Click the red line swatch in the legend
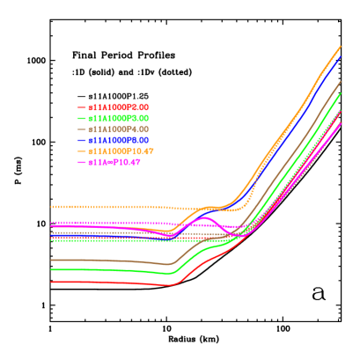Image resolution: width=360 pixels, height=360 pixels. click(82, 107)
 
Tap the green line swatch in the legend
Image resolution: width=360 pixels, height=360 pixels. click(82, 118)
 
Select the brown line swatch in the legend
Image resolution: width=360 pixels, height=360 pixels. click(82, 129)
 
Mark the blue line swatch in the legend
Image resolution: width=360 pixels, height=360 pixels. click(82, 140)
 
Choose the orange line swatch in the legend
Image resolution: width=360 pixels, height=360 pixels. click(82, 151)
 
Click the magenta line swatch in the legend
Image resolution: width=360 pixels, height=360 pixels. click(82, 162)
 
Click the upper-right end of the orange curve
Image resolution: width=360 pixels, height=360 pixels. click(341, 46)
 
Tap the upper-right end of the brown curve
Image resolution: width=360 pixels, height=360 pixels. click(341, 82)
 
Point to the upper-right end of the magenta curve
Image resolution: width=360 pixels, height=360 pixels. click(341, 123)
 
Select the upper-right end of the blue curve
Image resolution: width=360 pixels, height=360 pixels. click(341, 57)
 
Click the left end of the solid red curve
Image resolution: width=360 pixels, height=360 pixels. click(51, 282)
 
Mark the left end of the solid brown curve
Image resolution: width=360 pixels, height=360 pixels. click(51, 260)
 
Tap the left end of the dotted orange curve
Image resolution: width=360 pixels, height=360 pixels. click(51, 207)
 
